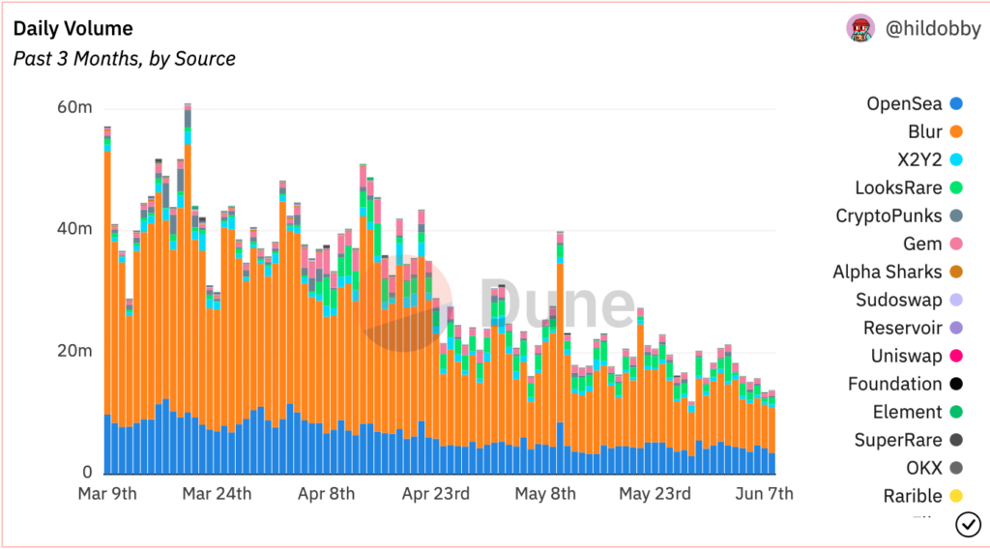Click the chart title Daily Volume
pyautogui.click(x=73, y=29)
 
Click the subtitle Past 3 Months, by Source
pyautogui.click(x=124, y=59)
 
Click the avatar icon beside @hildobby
pyautogui.click(x=860, y=29)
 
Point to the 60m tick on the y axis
pyautogui.click(x=74, y=107)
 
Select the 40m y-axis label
pyautogui.click(x=74, y=230)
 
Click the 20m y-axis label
pyautogui.click(x=74, y=351)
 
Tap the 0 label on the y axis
pyautogui.click(x=86, y=473)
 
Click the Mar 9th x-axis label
pyautogui.click(x=106, y=494)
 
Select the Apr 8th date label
pyautogui.click(x=326, y=494)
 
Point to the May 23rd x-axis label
pyautogui.click(x=655, y=494)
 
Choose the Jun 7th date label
pyautogui.click(x=766, y=494)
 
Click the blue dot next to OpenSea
pyautogui.click(x=956, y=104)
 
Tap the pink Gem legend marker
pyautogui.click(x=956, y=245)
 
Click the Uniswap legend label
pyautogui.click(x=906, y=356)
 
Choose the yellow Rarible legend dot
pyautogui.click(x=956, y=497)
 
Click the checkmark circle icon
pyautogui.click(x=968, y=524)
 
